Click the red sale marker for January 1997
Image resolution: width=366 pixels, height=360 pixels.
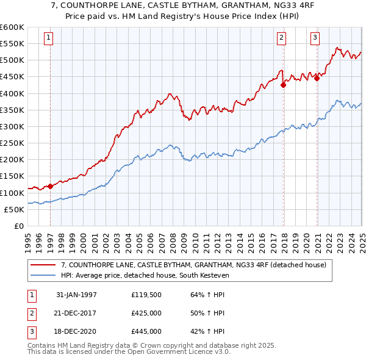point(50,186)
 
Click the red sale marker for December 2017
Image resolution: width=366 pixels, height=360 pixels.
point(284,85)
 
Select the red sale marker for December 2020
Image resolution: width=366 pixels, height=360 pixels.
point(317,78)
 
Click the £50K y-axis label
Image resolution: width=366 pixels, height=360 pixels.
point(14,209)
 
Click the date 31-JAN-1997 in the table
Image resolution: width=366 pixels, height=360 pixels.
point(76,295)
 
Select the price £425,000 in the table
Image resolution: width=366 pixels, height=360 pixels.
point(146,313)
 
